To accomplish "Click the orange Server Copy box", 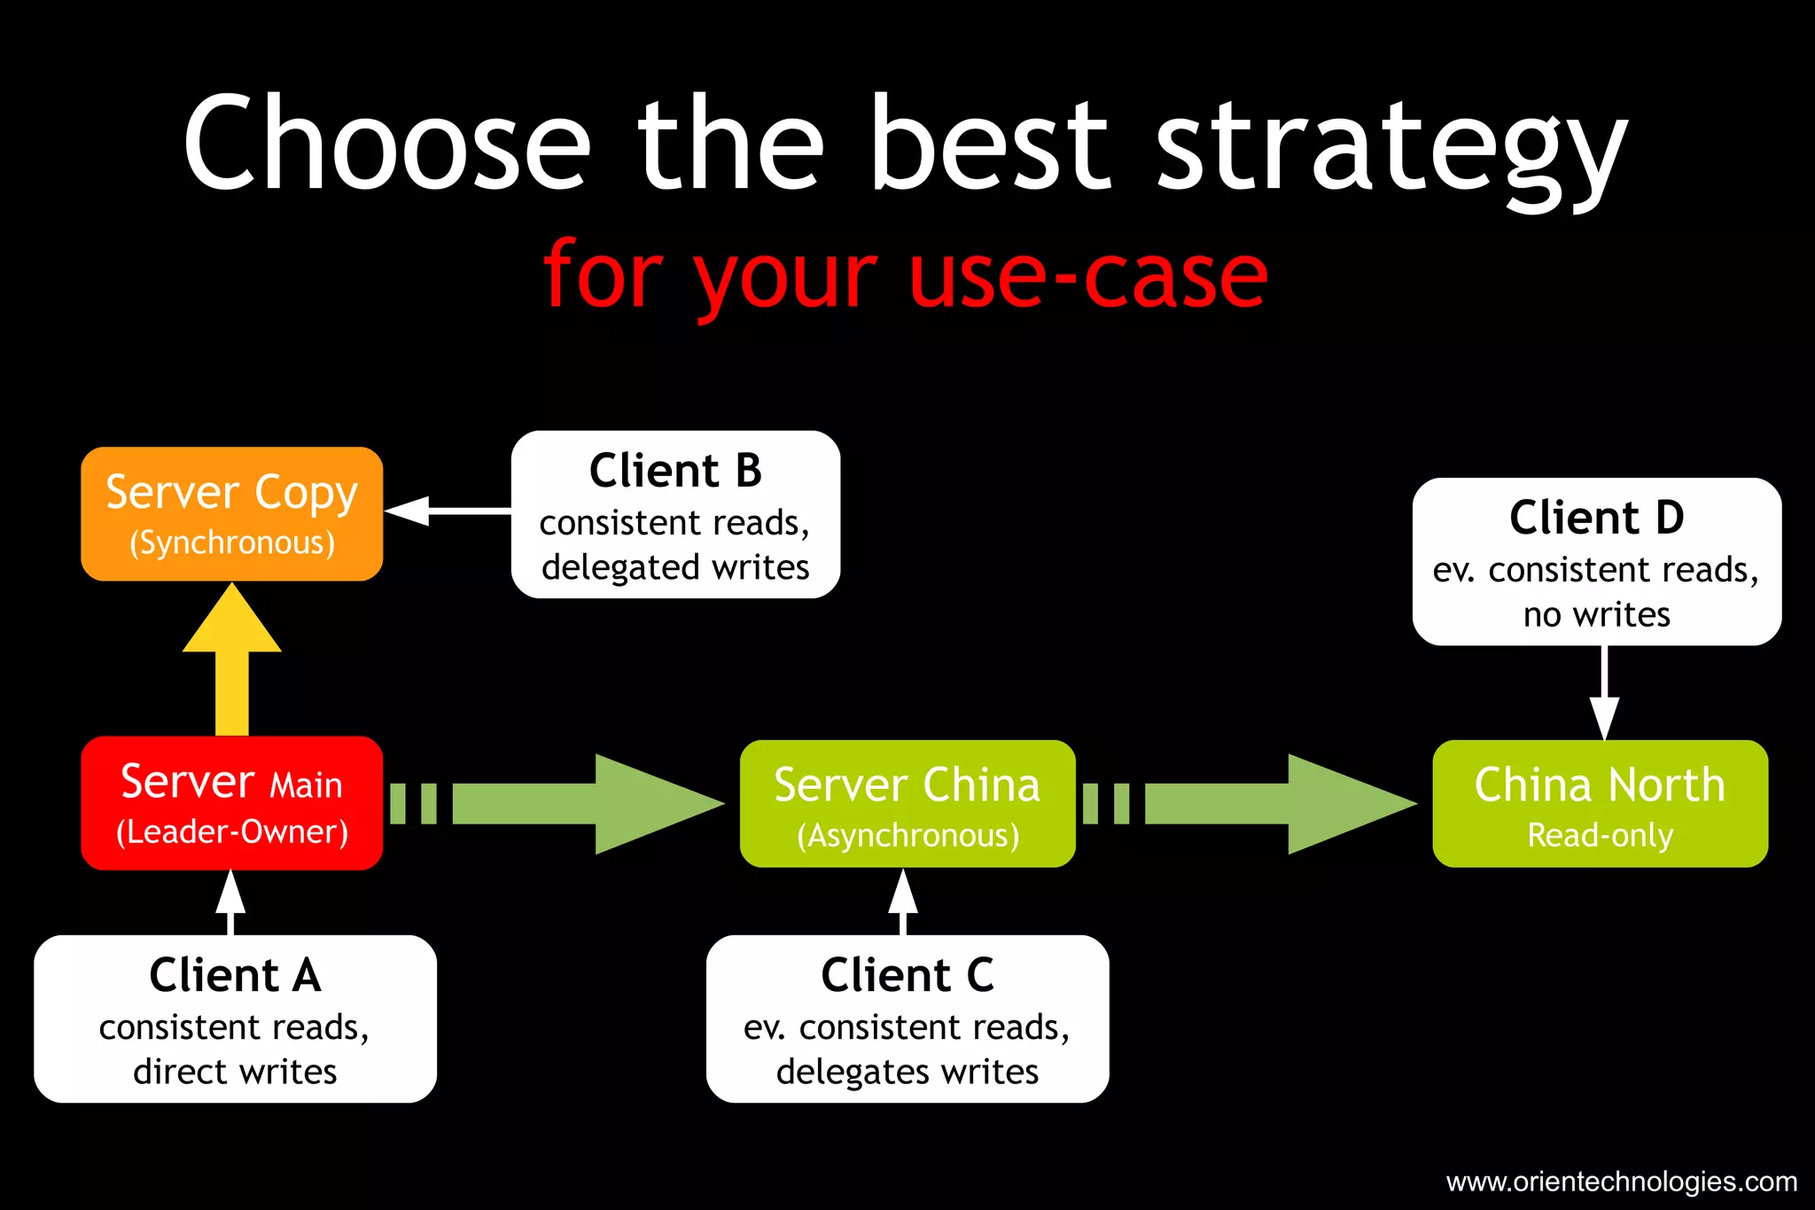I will tap(231, 514).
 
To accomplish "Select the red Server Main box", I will tap(231, 803).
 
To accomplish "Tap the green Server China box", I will tap(907, 803).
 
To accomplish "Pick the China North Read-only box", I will tap(1600, 803).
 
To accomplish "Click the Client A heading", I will tap(235, 975).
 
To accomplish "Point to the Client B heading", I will tap(675, 471).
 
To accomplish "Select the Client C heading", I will tap(907, 975).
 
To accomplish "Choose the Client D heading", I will tap(1596, 518).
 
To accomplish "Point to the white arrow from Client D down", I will tap(1604, 691).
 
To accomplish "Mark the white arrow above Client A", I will tap(230, 900).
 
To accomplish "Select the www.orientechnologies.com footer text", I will tap(1621, 1182).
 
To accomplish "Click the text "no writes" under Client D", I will tap(1596, 614).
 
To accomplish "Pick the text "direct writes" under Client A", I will tap(235, 1072).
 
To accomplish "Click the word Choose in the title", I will tap(386, 142).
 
